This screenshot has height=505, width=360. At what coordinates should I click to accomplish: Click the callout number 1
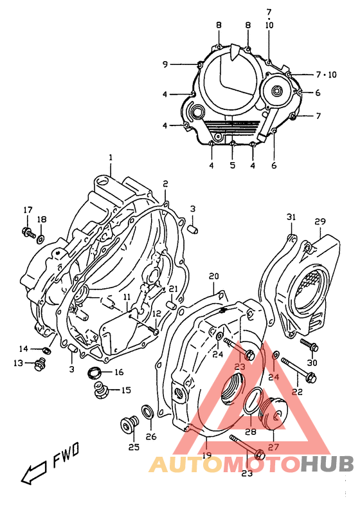point(110,158)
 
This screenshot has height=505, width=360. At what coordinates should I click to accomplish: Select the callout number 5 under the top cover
point(233,165)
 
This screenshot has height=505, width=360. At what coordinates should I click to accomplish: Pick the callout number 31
point(291,216)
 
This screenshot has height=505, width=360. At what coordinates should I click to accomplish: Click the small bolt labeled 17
point(28,232)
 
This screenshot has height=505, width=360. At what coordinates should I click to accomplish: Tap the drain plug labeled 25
point(126,425)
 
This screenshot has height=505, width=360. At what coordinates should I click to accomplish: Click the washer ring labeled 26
point(147,412)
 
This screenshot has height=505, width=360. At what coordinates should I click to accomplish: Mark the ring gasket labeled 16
point(95,371)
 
